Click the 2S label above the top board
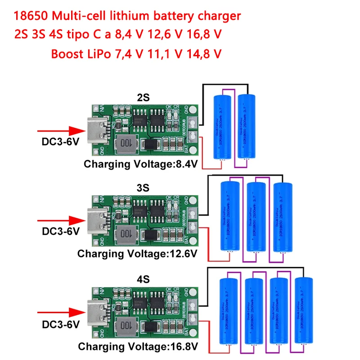pos(143,97)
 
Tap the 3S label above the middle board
pos(143,186)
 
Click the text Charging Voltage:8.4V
pos(141,164)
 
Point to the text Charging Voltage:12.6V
pos(138,254)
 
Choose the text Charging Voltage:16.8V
pos(138,347)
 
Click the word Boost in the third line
pos(65,54)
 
